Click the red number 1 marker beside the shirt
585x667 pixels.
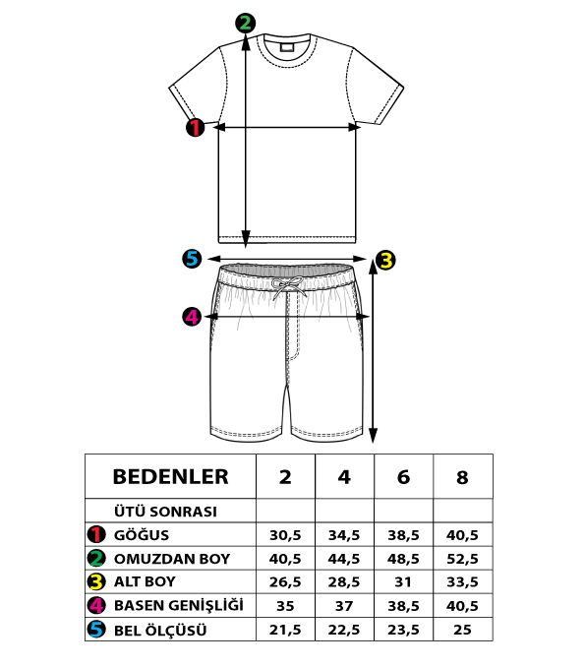click(195, 127)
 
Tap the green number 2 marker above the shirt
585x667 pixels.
click(246, 23)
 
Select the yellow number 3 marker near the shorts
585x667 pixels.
click(385, 260)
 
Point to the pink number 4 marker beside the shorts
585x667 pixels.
click(192, 317)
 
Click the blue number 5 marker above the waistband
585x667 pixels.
click(192, 258)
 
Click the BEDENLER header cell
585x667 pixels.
click(170, 477)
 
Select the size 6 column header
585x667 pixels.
click(403, 477)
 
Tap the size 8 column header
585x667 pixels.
click(462, 477)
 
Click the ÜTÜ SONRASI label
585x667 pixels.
click(165, 512)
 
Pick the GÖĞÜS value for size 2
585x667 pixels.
click(285, 535)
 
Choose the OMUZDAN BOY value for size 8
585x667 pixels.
click(462, 559)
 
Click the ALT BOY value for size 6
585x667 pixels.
click(403, 581)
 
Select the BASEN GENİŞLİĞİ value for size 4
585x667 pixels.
click(344, 605)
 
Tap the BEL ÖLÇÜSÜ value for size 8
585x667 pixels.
click(462, 630)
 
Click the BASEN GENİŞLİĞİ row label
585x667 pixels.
click(179, 605)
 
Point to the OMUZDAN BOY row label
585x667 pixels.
click(172, 559)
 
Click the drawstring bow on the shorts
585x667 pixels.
click(288, 286)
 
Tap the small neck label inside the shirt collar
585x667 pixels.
click(287, 46)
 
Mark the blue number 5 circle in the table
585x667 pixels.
click(96, 630)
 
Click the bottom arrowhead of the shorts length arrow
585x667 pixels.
click(373, 437)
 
